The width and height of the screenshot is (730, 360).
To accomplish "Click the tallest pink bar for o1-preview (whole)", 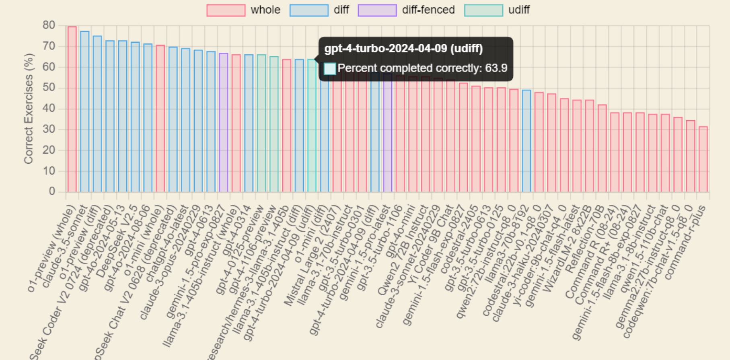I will click(72, 109).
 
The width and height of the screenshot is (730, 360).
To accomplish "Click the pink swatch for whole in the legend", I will click(226, 10).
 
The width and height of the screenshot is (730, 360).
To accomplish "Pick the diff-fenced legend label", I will click(428, 10).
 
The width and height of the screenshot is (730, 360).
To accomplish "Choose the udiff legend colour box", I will click(483, 10).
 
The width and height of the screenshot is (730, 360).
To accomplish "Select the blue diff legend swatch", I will click(309, 10).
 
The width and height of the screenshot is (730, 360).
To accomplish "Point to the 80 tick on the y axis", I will click(49, 25).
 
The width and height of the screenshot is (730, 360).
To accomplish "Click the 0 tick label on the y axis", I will click(52, 191).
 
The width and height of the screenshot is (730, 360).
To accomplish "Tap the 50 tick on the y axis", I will click(49, 88).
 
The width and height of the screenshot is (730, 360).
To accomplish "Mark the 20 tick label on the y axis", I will click(49, 150).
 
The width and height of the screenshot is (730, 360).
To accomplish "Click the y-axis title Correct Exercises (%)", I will click(28, 109).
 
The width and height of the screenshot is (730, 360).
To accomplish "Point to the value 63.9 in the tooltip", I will click(496, 68).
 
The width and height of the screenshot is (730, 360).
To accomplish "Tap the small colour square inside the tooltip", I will click(330, 68).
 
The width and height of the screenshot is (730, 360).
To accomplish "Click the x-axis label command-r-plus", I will click(686, 241).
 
